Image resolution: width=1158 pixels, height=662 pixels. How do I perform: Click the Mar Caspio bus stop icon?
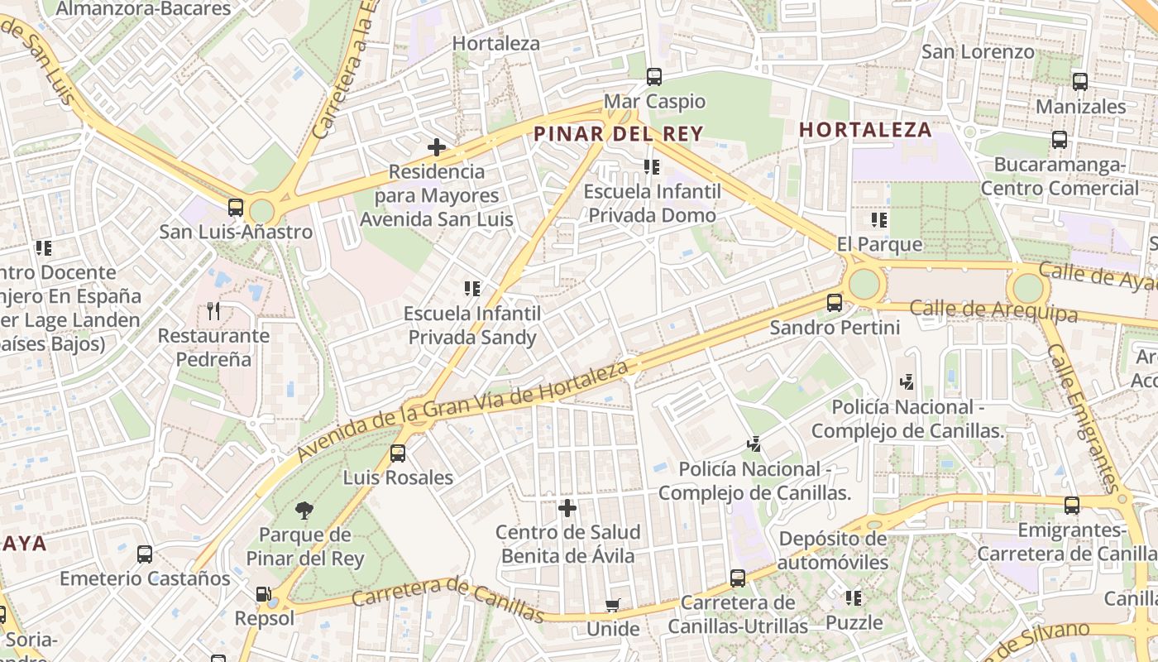point(654,77)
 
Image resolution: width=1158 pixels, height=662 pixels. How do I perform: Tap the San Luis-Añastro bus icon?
point(236,207)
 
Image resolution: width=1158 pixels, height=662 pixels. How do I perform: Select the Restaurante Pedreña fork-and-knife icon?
point(214,311)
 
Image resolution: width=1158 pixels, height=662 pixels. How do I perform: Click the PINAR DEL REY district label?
point(618,134)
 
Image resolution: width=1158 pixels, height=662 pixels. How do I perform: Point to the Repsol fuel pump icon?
point(263,593)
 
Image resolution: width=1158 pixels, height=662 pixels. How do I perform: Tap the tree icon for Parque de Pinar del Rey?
point(304,509)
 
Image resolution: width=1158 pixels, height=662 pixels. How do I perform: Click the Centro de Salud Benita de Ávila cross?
point(567,507)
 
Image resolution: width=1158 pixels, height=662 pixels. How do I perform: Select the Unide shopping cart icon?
point(613,605)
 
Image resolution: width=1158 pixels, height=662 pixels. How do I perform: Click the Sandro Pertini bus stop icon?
point(835,303)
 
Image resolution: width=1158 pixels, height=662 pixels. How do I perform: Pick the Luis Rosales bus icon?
point(398,453)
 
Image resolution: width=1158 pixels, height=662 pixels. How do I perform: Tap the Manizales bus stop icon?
point(1080,82)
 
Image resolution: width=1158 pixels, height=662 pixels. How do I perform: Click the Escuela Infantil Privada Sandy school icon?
point(472,289)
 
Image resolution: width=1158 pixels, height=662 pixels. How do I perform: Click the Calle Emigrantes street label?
point(1084,418)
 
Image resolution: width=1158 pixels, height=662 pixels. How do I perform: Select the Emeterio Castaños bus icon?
point(145,554)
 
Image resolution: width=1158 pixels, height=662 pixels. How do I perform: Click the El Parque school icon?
point(879,220)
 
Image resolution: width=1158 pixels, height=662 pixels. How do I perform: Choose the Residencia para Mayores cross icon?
point(437,147)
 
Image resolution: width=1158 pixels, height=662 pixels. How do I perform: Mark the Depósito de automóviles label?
point(834,550)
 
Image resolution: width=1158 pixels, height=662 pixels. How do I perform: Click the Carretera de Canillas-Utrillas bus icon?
point(738,578)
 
